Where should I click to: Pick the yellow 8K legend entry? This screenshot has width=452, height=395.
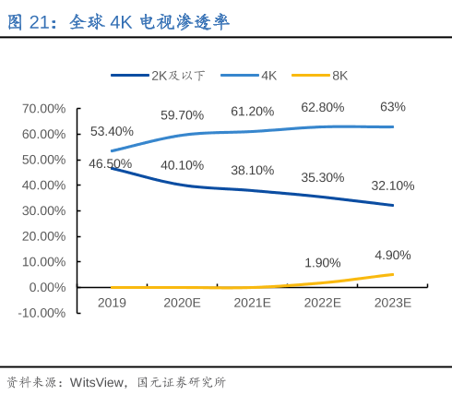point(339,76)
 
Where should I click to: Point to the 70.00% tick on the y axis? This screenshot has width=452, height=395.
point(43,108)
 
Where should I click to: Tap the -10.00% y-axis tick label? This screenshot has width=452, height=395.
point(42,313)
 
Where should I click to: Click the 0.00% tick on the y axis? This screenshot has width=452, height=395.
point(46,287)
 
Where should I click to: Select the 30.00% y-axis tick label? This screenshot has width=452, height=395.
point(43,210)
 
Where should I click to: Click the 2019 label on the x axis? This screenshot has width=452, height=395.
point(112,303)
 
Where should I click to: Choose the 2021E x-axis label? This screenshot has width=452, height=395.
point(252,303)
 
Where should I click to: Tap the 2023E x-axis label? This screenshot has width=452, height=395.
point(393,303)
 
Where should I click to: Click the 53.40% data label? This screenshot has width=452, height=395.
point(112,131)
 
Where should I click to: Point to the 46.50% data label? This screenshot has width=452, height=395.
point(110,163)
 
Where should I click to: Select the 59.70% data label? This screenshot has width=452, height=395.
point(182,115)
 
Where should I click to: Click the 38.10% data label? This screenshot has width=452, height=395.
point(252,170)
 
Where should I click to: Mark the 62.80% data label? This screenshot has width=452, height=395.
point(322,107)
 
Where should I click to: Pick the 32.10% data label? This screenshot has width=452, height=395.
point(393,186)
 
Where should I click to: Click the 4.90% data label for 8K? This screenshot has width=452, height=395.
point(393,255)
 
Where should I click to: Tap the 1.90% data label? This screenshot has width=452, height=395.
point(322,262)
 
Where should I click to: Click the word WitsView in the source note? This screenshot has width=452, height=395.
point(98,381)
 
